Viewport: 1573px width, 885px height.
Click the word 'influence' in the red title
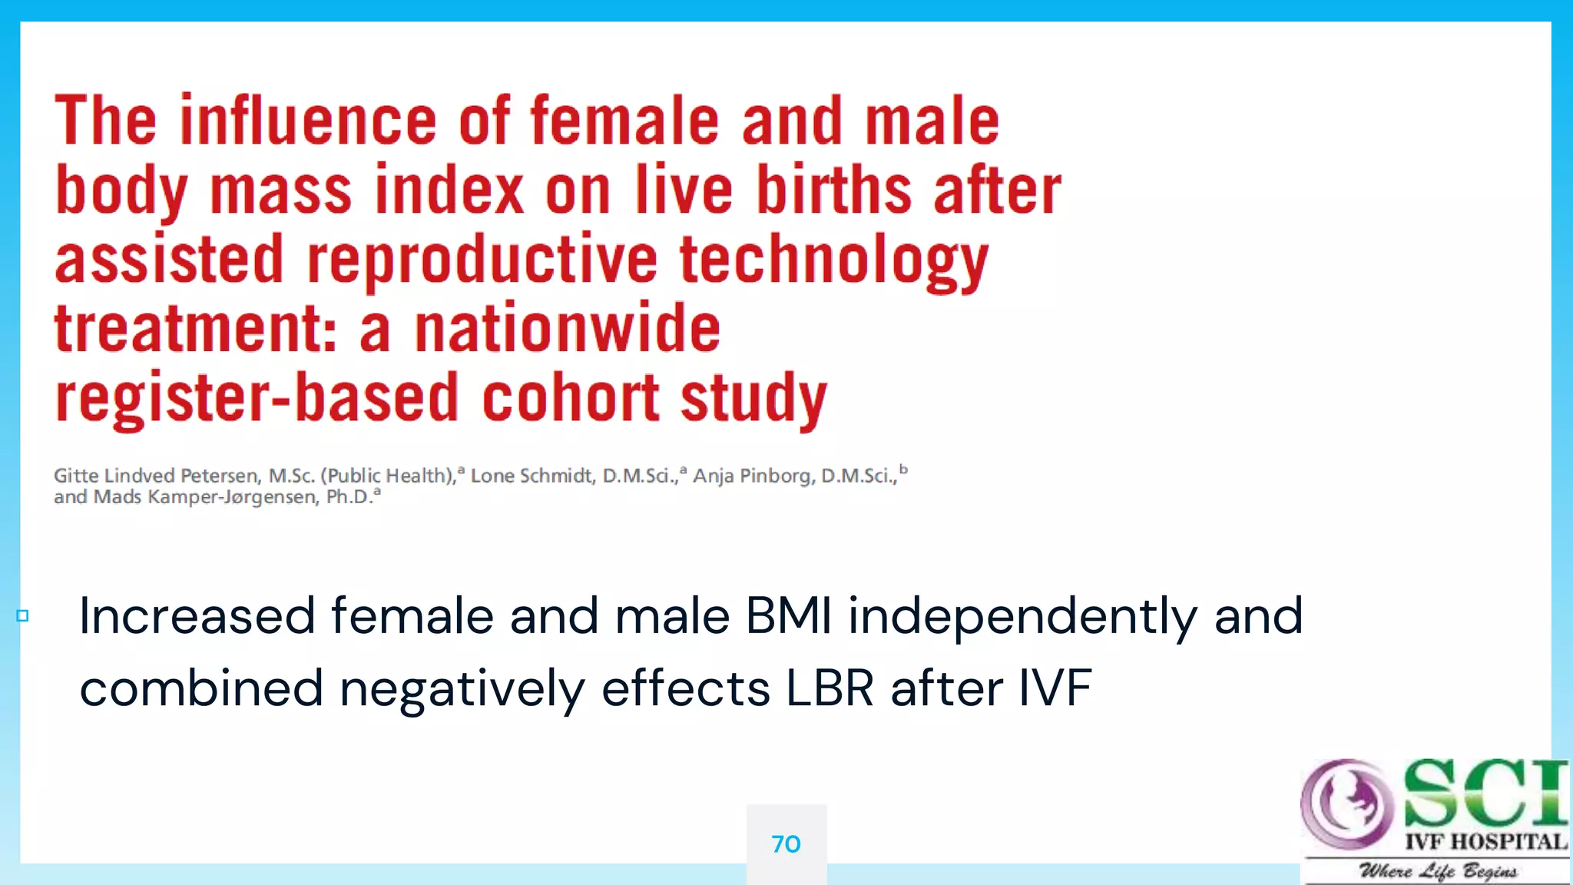click(x=308, y=121)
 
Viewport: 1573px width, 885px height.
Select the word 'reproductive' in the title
click(x=482, y=260)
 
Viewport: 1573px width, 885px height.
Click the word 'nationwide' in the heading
click(x=568, y=329)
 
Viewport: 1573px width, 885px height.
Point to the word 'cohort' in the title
click(x=570, y=398)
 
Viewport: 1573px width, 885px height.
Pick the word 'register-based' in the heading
click(x=257, y=398)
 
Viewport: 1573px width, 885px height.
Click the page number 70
click(x=786, y=844)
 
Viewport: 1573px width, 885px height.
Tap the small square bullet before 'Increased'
click(x=22, y=616)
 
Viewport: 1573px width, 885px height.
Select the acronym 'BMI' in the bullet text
click(x=789, y=616)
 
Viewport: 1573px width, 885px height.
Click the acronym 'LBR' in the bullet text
click(x=829, y=688)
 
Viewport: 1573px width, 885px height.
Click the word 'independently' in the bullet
click(x=1022, y=616)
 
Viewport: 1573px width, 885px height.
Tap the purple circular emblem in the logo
click(x=1346, y=802)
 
